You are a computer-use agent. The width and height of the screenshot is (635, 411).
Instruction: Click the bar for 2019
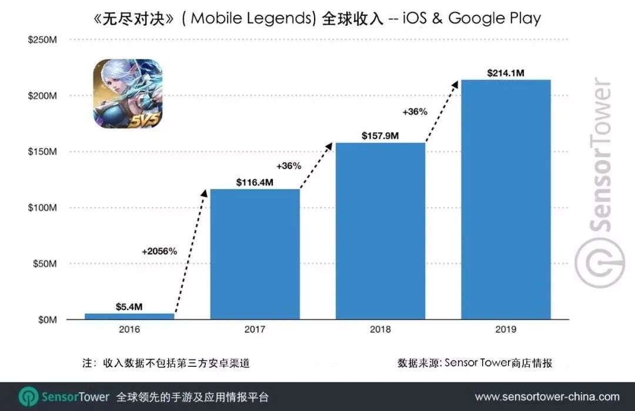pyautogui.click(x=506, y=199)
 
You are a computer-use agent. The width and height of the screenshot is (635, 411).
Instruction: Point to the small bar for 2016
pyautogui.click(x=129, y=316)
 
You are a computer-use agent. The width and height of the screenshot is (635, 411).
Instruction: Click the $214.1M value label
pyautogui.click(x=506, y=73)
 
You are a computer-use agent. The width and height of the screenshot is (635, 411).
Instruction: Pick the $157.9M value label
pyautogui.click(x=380, y=136)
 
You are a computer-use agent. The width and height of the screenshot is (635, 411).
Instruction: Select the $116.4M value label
pyautogui.click(x=255, y=182)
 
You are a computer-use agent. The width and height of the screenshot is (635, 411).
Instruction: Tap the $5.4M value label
pyautogui.click(x=129, y=306)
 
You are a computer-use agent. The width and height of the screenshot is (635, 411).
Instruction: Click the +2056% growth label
pyautogui.click(x=159, y=251)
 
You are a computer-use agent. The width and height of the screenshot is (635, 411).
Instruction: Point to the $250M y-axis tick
pyautogui.click(x=42, y=39)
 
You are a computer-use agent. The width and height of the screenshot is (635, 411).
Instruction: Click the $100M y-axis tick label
pyautogui.click(x=42, y=208)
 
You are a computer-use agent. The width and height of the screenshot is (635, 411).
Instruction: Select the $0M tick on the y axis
pyautogui.click(x=47, y=320)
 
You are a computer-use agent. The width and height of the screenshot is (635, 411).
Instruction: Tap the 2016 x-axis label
pyautogui.click(x=129, y=329)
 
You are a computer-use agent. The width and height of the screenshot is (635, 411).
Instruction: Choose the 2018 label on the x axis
pyautogui.click(x=380, y=329)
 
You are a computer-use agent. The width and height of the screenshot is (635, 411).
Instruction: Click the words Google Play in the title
pyautogui.click(x=494, y=18)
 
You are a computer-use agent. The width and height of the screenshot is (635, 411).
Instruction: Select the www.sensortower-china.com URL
pyautogui.click(x=547, y=397)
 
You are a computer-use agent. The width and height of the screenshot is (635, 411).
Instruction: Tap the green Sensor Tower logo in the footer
pyautogui.click(x=28, y=397)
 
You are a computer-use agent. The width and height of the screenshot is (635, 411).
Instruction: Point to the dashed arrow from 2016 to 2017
pyautogui.click(x=191, y=253)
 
